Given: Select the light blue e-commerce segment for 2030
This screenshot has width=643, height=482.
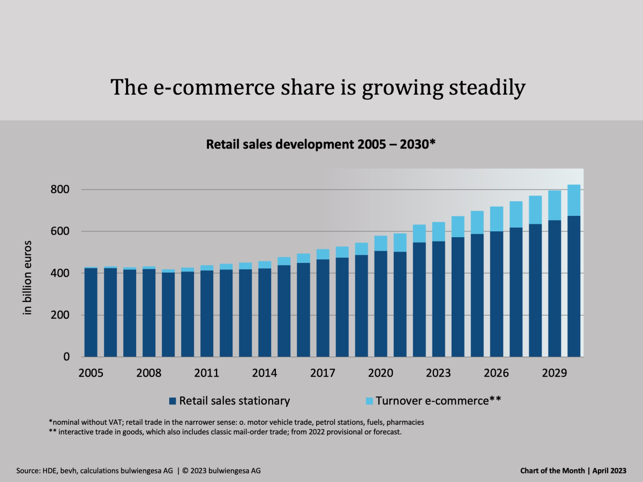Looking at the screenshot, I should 574,200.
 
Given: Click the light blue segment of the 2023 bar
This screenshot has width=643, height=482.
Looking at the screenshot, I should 439,231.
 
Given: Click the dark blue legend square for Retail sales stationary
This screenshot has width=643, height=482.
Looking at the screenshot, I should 173,401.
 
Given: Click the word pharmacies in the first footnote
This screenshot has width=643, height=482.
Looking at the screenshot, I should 406,422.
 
